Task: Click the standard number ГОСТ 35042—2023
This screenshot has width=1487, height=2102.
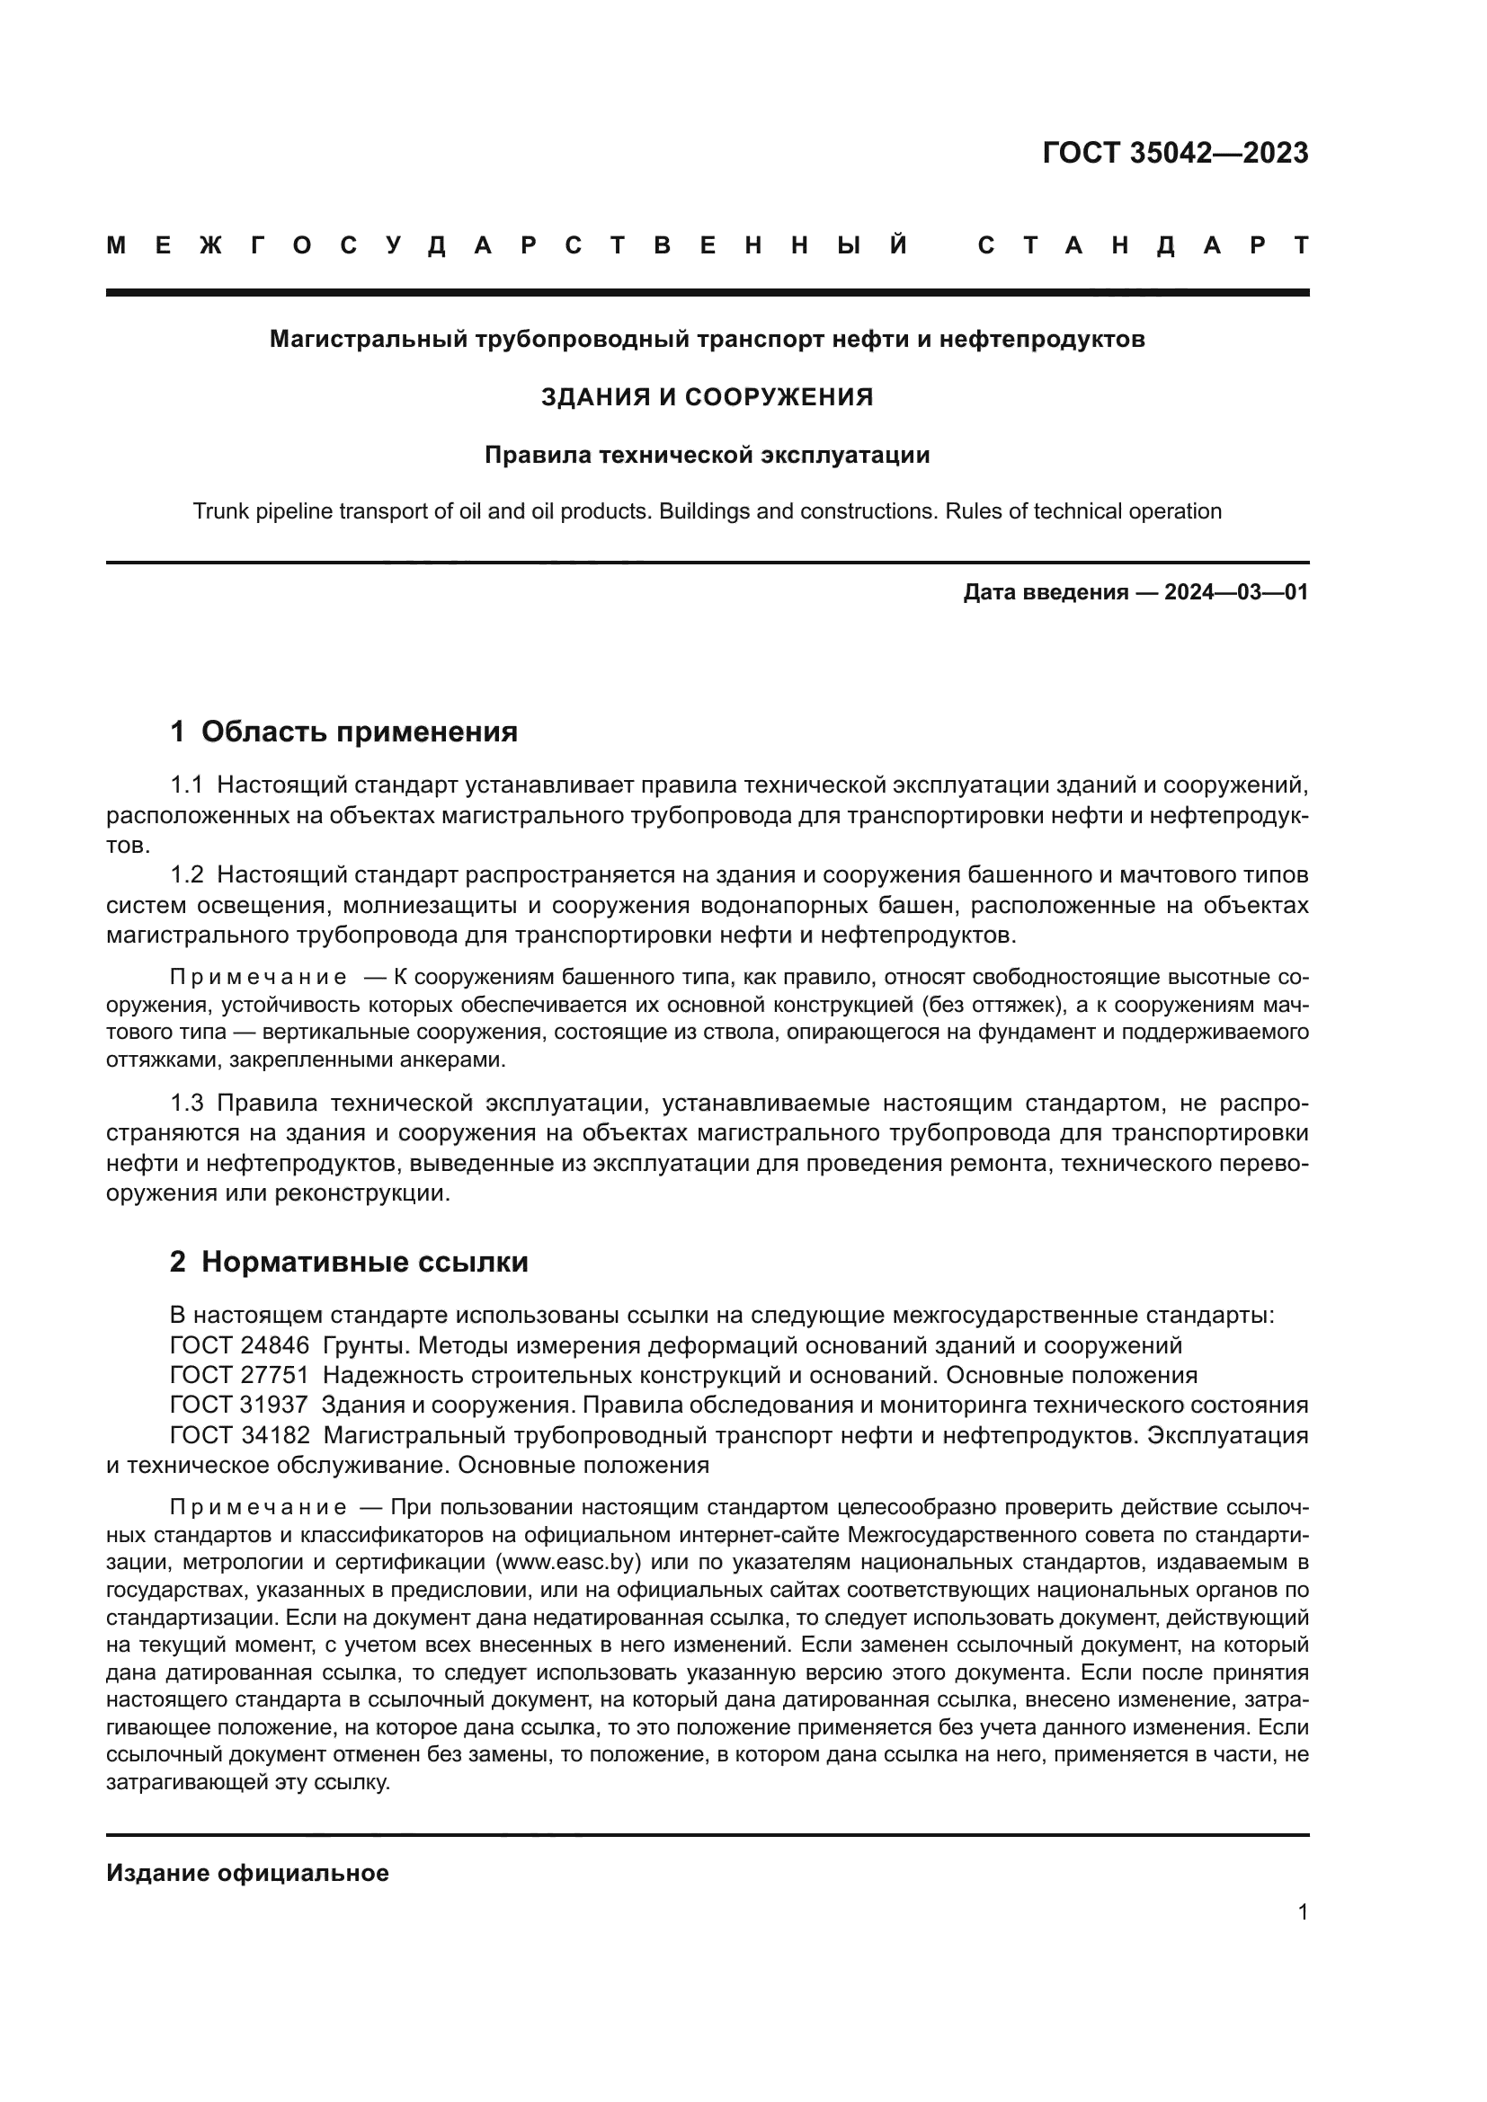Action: point(1175,153)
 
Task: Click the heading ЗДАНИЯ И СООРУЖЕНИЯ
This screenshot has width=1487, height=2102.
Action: point(707,397)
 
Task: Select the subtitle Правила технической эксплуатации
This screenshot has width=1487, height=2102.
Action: point(707,455)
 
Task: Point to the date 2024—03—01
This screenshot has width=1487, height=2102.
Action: point(1236,592)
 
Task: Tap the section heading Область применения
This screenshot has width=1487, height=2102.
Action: point(359,732)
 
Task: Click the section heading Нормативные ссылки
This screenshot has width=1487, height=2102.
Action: point(364,1263)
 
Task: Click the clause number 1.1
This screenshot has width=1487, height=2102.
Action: point(186,785)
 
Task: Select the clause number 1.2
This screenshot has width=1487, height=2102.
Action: point(186,875)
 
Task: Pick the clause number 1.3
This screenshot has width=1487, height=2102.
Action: point(186,1104)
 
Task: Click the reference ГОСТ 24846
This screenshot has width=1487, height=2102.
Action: point(240,1346)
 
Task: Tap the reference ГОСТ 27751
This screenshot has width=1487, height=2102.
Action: point(240,1375)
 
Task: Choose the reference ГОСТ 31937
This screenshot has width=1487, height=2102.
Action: point(240,1405)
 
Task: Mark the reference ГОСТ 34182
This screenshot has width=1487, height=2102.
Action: point(240,1434)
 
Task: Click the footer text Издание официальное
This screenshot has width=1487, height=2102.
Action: point(247,1873)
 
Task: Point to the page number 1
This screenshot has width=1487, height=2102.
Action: point(1302,1912)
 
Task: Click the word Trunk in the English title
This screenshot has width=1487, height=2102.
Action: point(217,511)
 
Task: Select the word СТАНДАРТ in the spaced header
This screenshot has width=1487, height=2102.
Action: point(1144,245)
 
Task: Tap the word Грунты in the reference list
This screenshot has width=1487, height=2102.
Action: point(361,1346)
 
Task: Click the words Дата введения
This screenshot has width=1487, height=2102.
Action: point(1045,592)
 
